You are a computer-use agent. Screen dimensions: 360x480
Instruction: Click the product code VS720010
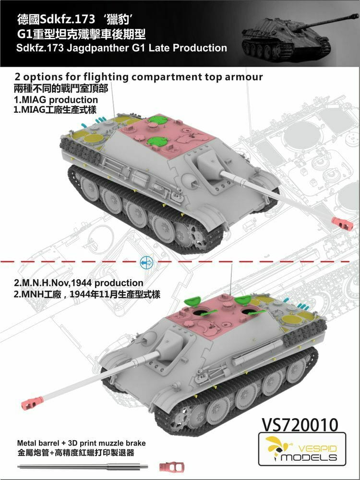click(x=300, y=424)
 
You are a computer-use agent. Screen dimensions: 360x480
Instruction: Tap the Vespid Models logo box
click(x=302, y=449)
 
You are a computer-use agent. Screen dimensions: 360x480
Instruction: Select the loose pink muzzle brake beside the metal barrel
click(x=168, y=467)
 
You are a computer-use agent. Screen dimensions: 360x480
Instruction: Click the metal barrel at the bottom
click(x=83, y=467)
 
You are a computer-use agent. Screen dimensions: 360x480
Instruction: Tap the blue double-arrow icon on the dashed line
click(x=146, y=262)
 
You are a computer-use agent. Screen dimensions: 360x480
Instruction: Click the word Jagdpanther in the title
click(x=98, y=48)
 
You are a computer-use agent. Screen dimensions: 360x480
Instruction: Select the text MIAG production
click(x=59, y=100)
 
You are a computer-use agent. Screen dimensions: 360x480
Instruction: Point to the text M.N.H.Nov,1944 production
click(x=82, y=283)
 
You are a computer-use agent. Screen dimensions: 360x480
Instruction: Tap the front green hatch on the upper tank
click(x=157, y=141)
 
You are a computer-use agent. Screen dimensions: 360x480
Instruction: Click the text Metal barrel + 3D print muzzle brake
click(x=81, y=443)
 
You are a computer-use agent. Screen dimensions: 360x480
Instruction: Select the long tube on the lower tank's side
click(x=257, y=352)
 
